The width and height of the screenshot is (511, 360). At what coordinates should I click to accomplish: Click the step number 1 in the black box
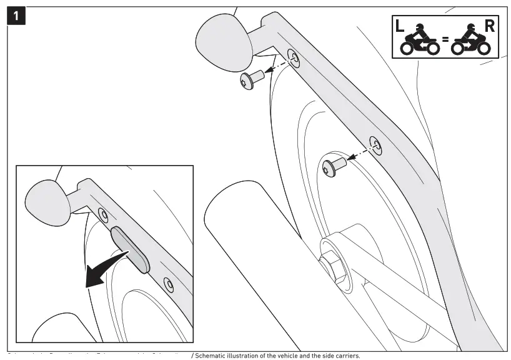click(17, 16)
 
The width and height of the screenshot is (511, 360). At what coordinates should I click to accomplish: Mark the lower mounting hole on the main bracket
click(375, 144)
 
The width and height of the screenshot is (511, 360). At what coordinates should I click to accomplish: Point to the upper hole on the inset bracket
click(103, 214)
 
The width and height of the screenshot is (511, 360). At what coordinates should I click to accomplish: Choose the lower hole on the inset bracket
click(167, 283)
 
